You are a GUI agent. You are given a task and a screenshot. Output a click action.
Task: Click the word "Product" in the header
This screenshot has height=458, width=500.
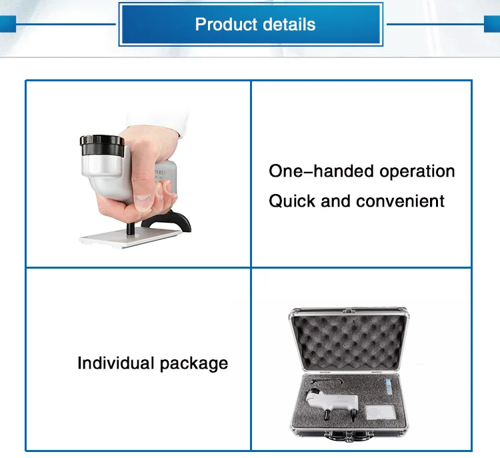point(222,25)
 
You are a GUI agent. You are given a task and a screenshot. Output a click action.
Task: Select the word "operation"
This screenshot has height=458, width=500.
point(417,171)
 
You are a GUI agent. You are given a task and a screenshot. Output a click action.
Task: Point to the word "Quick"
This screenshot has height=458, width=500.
point(292,201)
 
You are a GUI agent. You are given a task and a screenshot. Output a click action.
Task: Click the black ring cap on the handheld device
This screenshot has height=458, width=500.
point(102,142)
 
